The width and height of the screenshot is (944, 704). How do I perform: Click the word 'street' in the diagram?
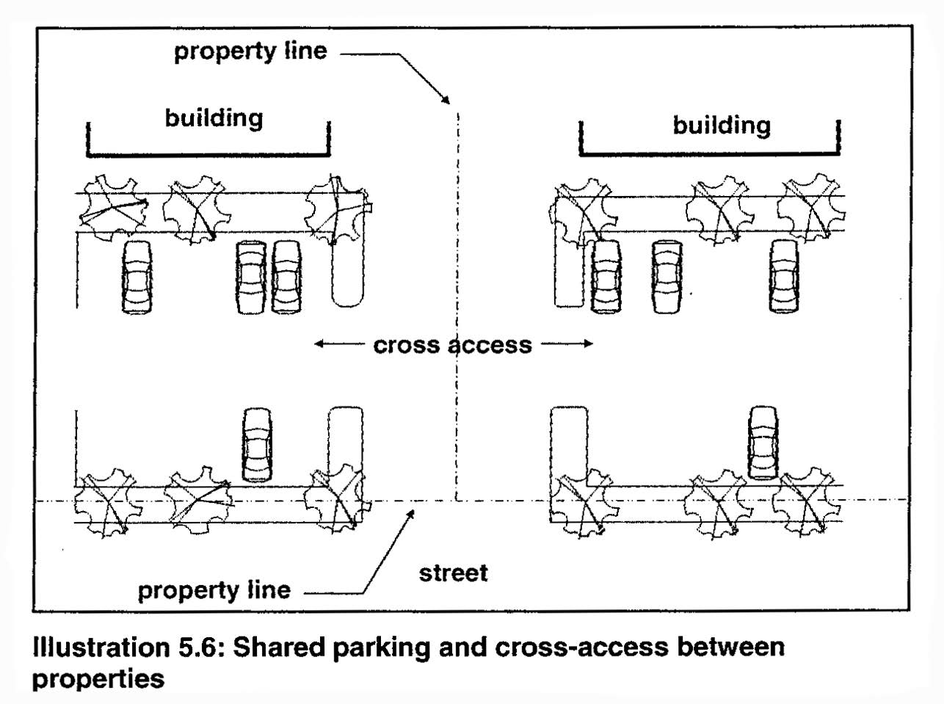[x=453, y=572]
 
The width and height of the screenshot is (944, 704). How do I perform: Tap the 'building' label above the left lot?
[x=214, y=117]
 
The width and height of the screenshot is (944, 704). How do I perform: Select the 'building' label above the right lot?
[x=722, y=125]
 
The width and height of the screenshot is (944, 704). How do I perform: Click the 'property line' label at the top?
[x=250, y=51]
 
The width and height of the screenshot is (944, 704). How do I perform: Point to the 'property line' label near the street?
[x=214, y=589]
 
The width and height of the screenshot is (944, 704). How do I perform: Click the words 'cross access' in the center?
[x=453, y=344]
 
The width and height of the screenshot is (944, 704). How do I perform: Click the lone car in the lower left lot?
[x=257, y=445]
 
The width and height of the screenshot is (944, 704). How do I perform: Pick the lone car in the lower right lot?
[x=763, y=442]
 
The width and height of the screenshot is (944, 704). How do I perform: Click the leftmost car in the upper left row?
[x=138, y=277]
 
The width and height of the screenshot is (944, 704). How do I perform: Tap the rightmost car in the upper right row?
[x=784, y=276]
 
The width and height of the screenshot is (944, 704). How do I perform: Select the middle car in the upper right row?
[x=667, y=276]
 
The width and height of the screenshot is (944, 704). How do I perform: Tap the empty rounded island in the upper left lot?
[x=346, y=275]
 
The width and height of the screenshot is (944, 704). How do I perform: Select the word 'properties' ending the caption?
[x=98, y=678]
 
